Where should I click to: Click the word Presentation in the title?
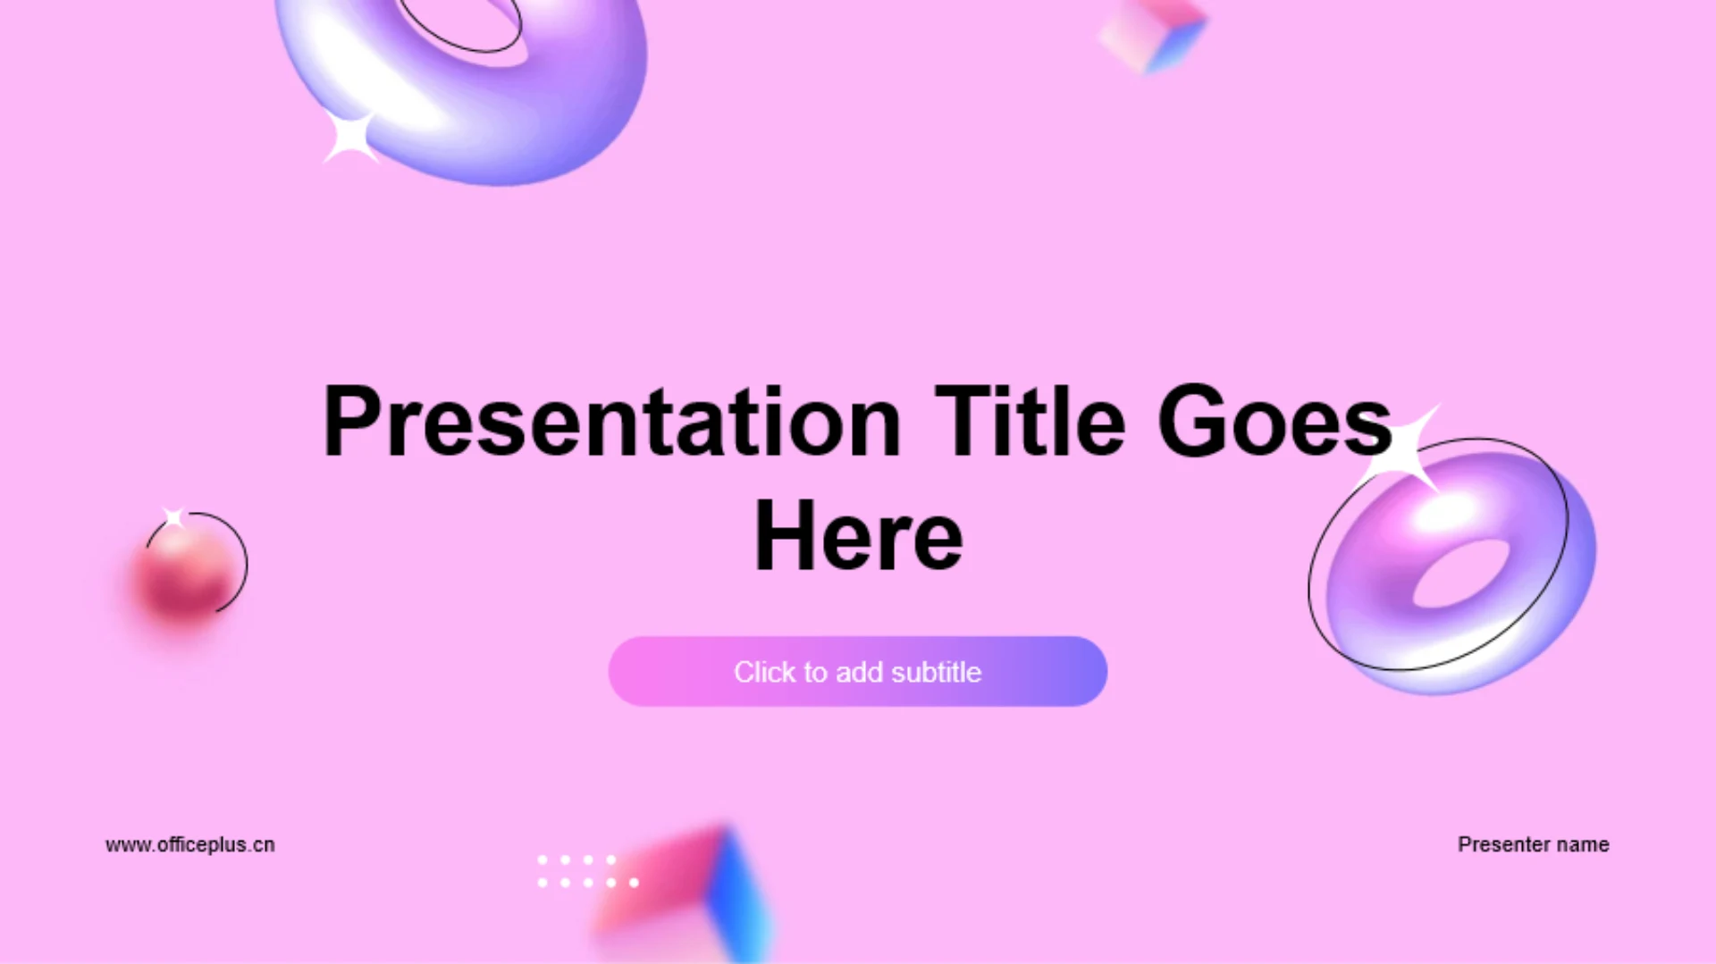(x=612, y=422)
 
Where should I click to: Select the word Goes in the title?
(x=1274, y=421)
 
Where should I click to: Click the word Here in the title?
(x=859, y=535)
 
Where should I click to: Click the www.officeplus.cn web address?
(x=190, y=844)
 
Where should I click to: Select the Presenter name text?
(x=1534, y=844)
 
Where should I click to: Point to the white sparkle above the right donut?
(x=1406, y=449)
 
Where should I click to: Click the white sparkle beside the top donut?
(x=350, y=137)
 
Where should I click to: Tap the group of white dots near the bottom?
(x=588, y=871)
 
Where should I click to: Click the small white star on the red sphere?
(x=174, y=517)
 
